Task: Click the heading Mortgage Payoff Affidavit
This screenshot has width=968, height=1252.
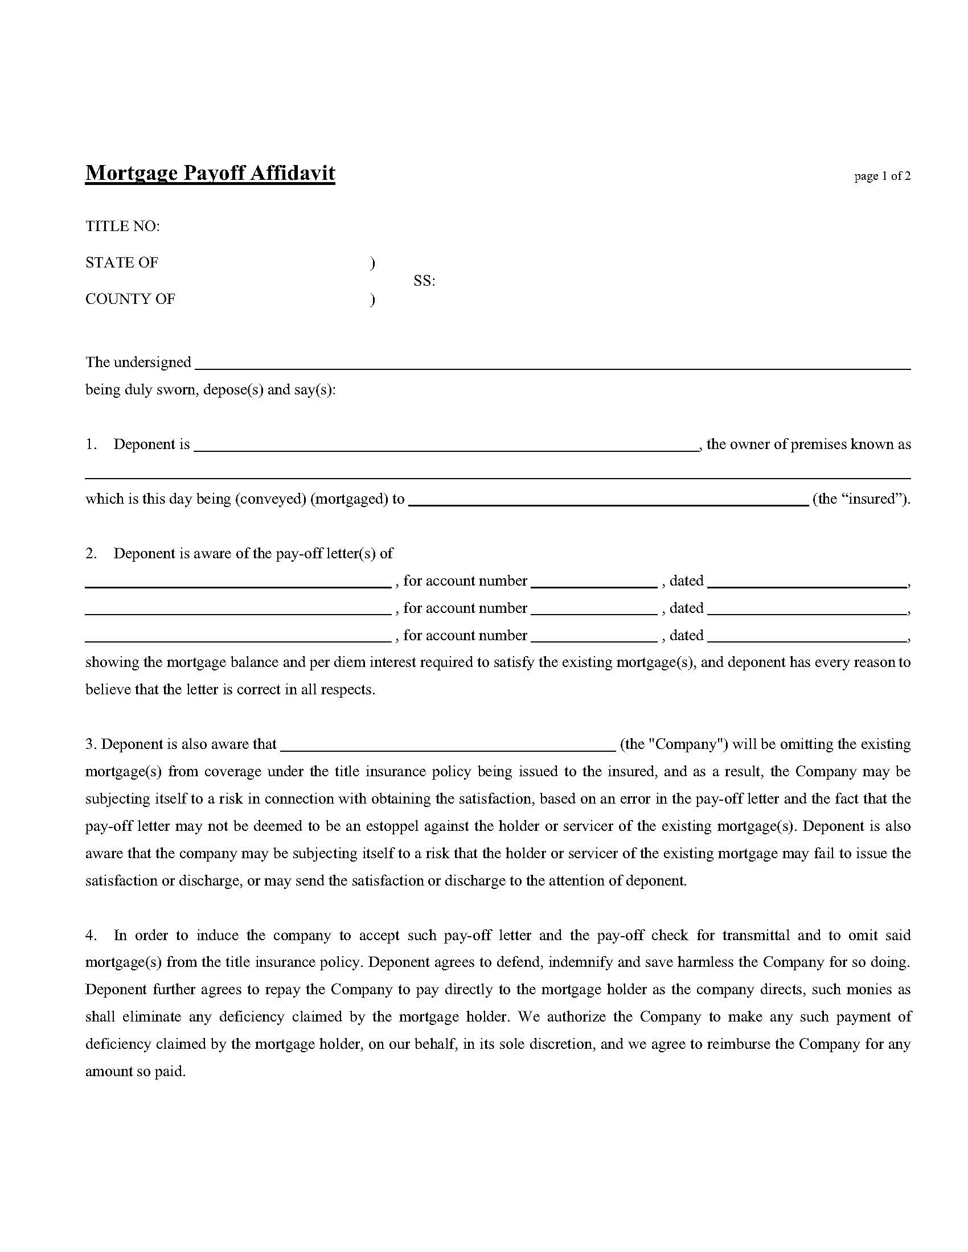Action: tap(210, 173)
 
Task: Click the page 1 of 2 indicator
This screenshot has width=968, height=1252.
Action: tap(881, 176)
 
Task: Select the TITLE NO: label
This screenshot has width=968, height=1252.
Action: tap(122, 226)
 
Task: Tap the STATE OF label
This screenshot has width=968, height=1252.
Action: tap(122, 262)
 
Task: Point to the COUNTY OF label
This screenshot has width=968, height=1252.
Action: tap(130, 299)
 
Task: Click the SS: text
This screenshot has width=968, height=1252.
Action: tap(424, 281)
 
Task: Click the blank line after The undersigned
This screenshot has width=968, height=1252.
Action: tap(553, 367)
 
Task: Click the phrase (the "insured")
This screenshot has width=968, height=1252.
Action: tap(862, 499)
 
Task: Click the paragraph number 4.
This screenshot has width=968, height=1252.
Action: tap(91, 935)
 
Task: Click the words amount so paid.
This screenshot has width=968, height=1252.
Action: tap(136, 1072)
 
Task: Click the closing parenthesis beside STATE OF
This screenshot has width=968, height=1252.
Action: tap(373, 263)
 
